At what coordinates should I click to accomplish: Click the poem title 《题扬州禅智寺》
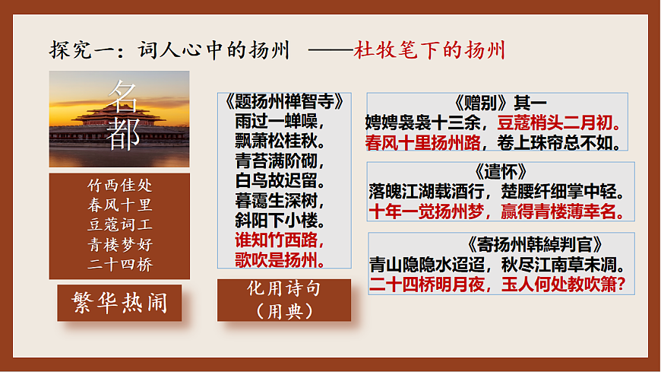point(284,101)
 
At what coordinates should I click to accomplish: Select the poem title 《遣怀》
point(498,171)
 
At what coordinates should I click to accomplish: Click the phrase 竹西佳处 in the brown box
point(119,185)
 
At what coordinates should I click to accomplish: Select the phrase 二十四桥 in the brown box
point(119,263)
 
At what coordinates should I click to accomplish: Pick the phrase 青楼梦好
point(119,243)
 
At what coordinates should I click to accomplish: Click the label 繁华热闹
point(119,303)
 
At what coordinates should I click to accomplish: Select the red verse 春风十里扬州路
point(422,142)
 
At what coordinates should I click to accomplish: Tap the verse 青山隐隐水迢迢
point(422,265)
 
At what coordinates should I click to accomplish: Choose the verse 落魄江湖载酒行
point(422,191)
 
